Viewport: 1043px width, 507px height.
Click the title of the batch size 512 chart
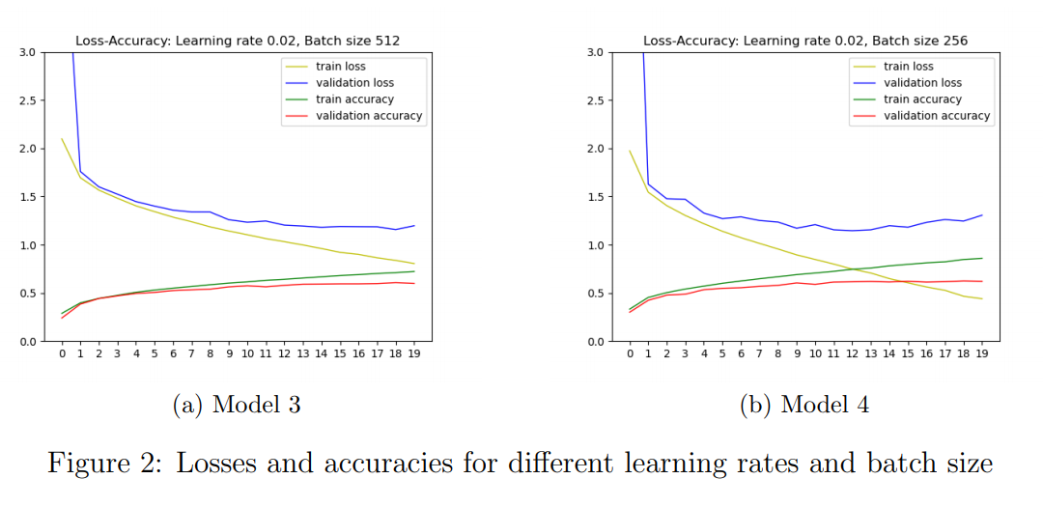click(238, 41)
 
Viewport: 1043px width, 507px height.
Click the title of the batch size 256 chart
click(805, 41)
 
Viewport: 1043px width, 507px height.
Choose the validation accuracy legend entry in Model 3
click(369, 116)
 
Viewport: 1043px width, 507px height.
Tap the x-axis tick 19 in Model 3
click(414, 354)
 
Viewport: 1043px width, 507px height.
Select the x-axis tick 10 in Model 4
click(815, 354)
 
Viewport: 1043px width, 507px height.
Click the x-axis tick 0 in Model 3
click(62, 354)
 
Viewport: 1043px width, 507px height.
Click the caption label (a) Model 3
click(237, 405)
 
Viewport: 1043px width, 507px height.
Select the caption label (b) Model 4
click(804, 405)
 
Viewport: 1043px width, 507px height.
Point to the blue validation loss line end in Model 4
click(982, 215)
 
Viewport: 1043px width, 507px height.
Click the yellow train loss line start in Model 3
click(62, 139)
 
